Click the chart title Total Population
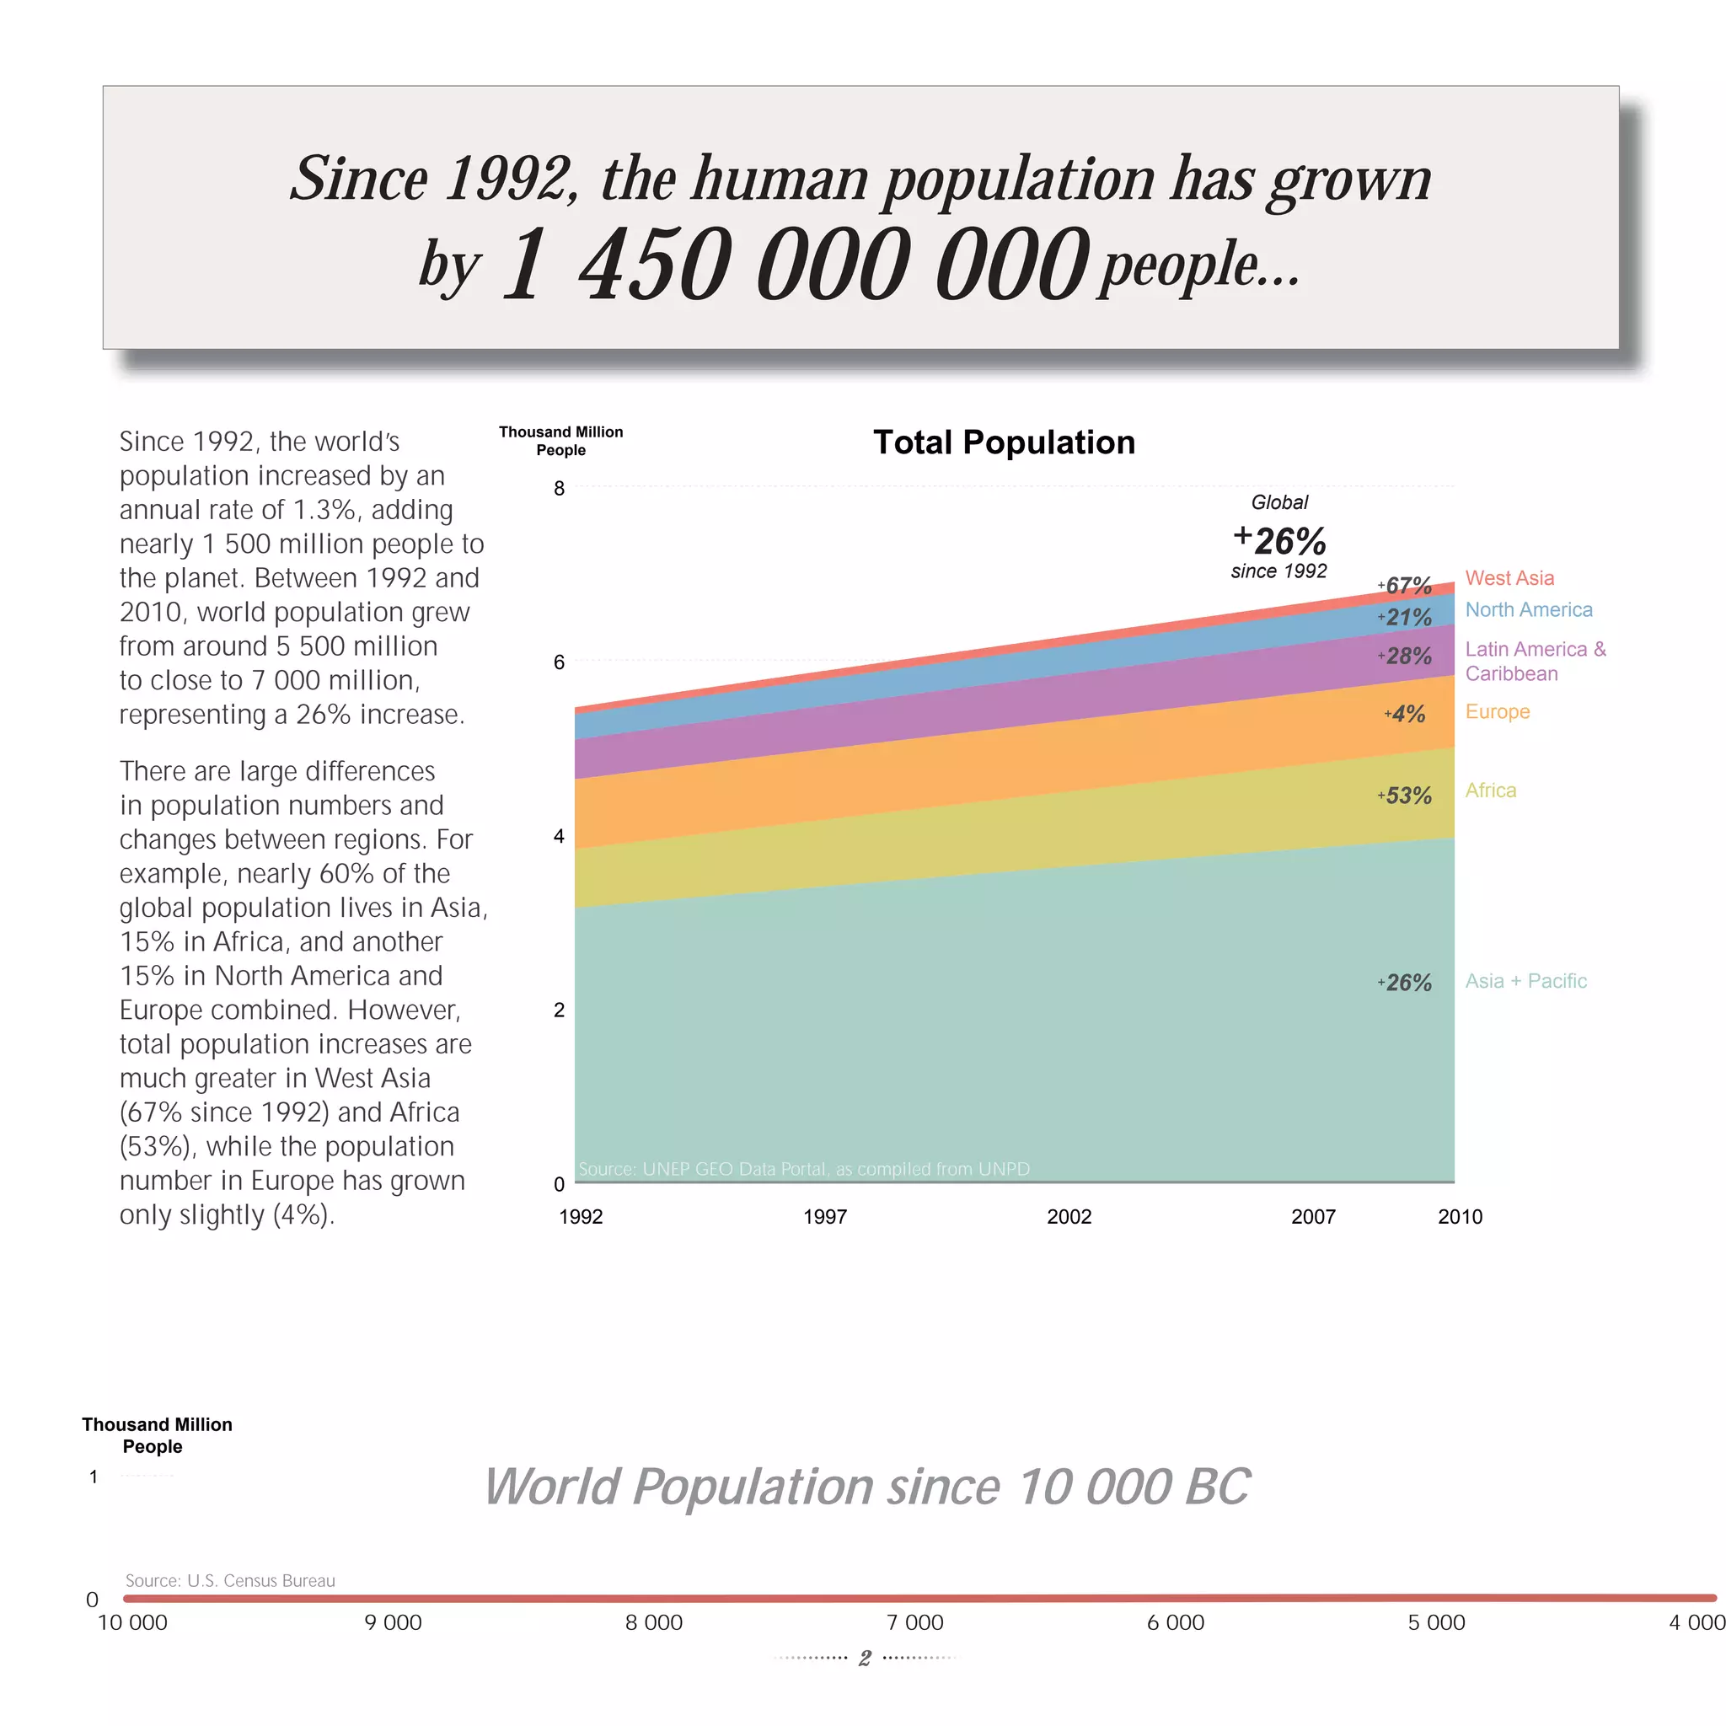tap(1003, 442)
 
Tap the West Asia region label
tap(1509, 578)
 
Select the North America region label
tap(1528, 609)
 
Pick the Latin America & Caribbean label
tap(1534, 661)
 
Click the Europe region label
tap(1497, 711)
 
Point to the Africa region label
tap(1490, 790)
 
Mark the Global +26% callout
tap(1279, 539)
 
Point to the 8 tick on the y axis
tap(560, 488)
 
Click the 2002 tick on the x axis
tap(1069, 1216)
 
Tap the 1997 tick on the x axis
tap(824, 1216)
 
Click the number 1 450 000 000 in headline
tap(795, 265)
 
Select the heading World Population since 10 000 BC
tap(866, 1487)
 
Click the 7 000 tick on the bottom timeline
tap(914, 1621)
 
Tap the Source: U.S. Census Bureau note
tap(229, 1579)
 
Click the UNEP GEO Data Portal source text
tap(803, 1169)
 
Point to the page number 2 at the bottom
tap(864, 1658)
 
